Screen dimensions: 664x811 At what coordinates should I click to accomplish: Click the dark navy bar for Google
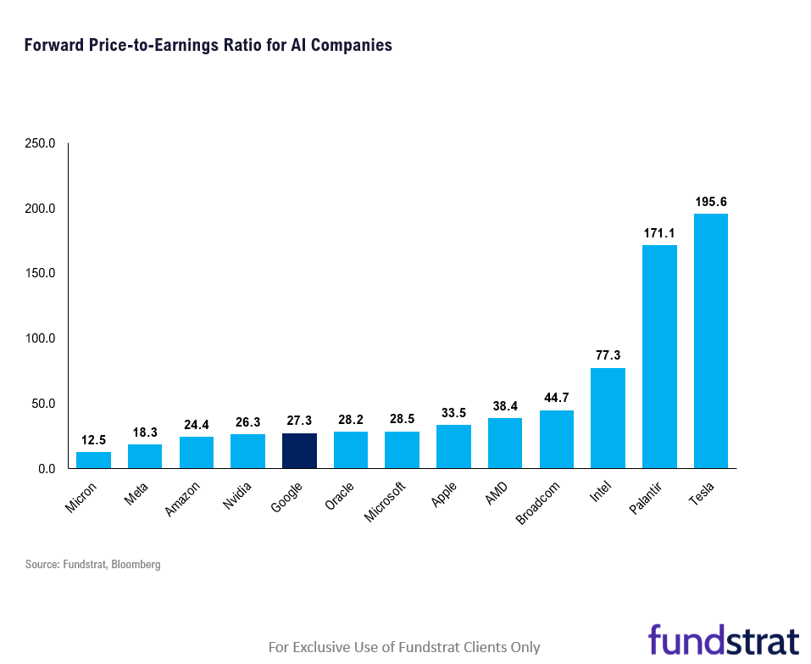point(299,450)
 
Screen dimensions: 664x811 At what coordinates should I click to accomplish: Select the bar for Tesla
point(710,341)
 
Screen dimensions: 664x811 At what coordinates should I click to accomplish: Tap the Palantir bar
point(659,356)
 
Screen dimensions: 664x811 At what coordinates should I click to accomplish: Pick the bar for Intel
point(608,417)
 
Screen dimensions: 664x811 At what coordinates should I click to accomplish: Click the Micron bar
point(93,460)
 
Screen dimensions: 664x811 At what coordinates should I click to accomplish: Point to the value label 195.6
point(710,202)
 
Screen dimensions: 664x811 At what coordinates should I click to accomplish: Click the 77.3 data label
point(608,355)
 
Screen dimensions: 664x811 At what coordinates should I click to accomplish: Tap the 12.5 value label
point(93,440)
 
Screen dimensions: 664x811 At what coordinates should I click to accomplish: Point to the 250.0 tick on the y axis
point(40,143)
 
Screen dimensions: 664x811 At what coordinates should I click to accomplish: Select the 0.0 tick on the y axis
point(46,469)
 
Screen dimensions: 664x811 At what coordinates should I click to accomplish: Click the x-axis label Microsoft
point(385,502)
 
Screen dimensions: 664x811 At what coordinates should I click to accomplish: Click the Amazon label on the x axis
point(183,499)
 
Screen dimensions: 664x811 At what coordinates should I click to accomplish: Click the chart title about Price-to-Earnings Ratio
point(208,45)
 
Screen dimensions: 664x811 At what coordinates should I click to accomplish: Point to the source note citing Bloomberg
point(92,564)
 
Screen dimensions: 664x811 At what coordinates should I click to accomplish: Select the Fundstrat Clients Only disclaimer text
point(403,647)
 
